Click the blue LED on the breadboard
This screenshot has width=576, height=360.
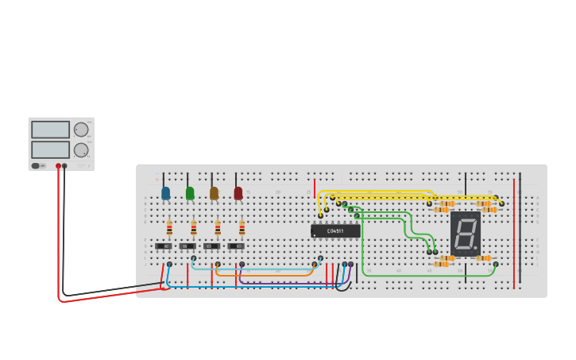[x=165, y=192]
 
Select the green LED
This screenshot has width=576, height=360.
[x=190, y=192]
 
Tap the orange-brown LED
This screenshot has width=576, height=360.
[x=214, y=192]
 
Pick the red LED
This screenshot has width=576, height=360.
[x=238, y=192]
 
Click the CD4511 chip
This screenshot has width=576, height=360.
[x=335, y=230]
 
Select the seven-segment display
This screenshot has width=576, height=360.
[x=466, y=233]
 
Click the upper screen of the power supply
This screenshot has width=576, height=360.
[x=51, y=130]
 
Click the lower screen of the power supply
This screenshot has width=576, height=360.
[x=51, y=149]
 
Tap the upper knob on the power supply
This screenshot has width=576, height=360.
[x=81, y=130]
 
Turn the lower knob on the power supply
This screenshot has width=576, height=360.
[x=81, y=149]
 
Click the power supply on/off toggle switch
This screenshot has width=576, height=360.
[x=36, y=165]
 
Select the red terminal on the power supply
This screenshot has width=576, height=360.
[x=58, y=166]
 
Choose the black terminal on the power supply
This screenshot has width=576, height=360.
[x=65, y=166]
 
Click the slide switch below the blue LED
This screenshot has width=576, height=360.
[x=164, y=246]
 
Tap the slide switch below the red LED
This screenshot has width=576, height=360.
[x=236, y=246]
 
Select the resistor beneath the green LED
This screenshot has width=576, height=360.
[x=193, y=229]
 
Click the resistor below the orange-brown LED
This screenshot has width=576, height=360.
[x=218, y=229]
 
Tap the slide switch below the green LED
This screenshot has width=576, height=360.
[x=187, y=246]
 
